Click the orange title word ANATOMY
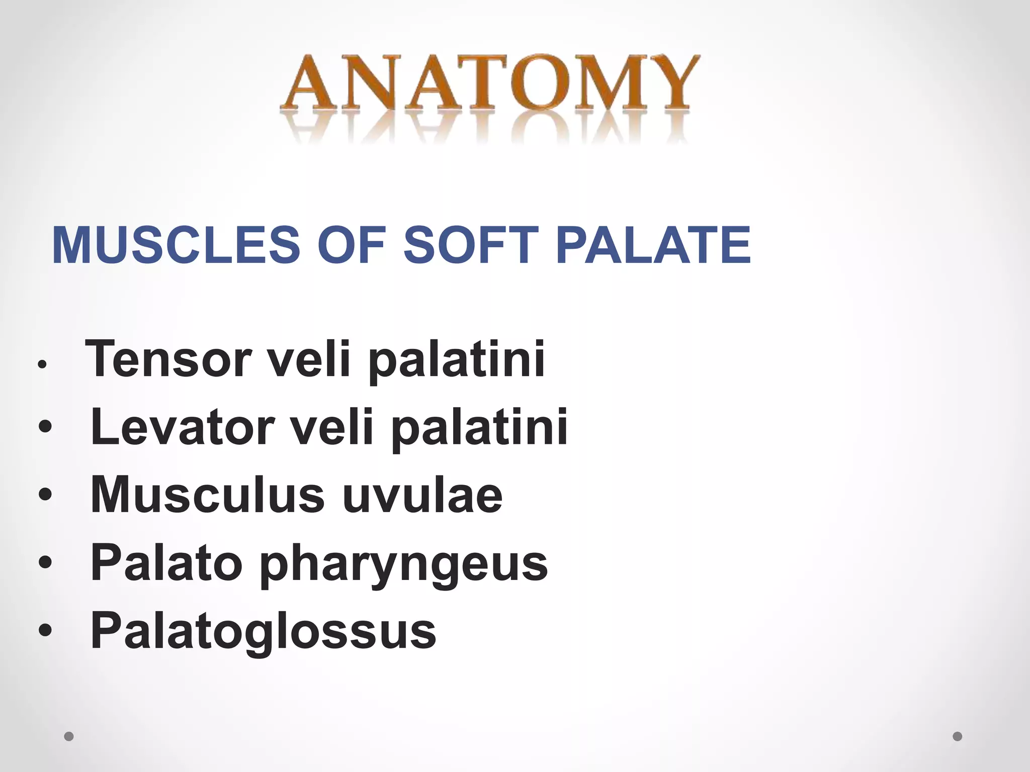click(489, 84)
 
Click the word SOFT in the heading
click(467, 245)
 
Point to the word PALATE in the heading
click(653, 245)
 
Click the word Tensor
click(168, 359)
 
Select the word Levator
click(182, 427)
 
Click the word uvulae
click(422, 495)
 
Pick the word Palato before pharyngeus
click(166, 563)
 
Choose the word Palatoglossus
click(263, 631)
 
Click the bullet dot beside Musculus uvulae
click(45, 495)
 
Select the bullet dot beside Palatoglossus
click(45, 630)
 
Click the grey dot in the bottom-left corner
click(69, 737)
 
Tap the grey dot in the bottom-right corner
click(958, 737)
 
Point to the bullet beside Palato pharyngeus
click(45, 562)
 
